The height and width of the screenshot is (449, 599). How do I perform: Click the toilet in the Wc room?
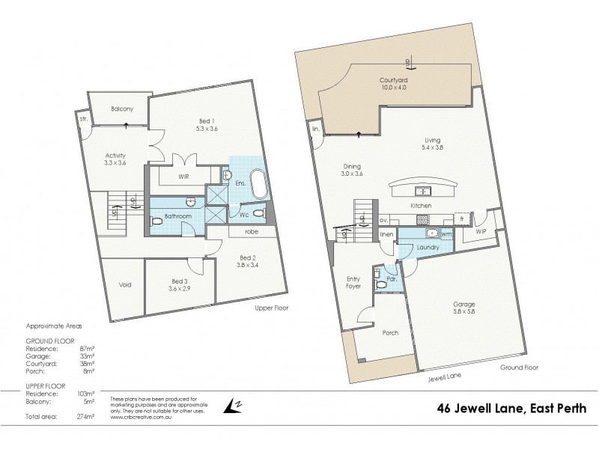(x=258, y=213)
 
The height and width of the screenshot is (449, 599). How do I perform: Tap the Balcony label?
(x=122, y=109)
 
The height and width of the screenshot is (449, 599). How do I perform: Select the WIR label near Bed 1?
(x=183, y=178)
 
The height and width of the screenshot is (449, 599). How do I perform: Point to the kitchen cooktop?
(x=423, y=219)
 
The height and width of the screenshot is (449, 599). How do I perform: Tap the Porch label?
(x=389, y=333)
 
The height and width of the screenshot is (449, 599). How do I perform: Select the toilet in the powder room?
(x=381, y=284)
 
